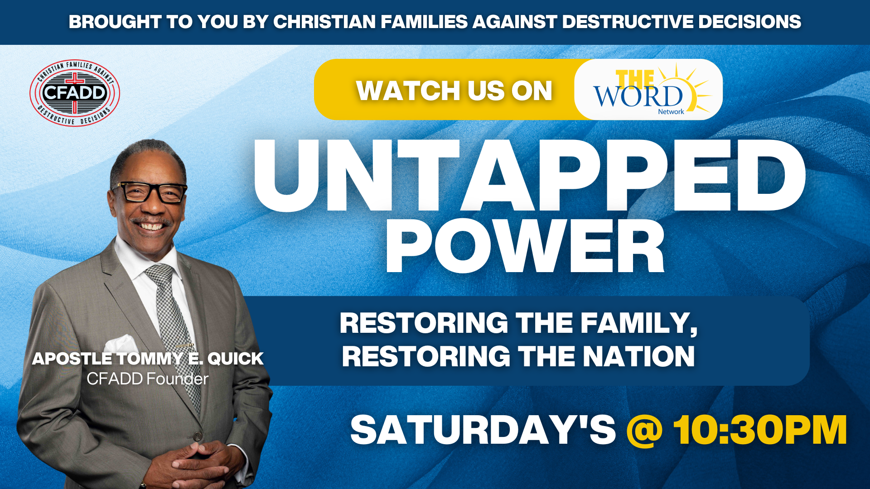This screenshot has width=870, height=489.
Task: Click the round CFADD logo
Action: (75, 93)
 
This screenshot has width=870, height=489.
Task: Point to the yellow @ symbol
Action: (644, 431)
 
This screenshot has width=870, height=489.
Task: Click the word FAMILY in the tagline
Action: (639, 324)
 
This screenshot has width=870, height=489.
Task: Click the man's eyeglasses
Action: (150, 192)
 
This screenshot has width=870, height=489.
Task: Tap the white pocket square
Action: (121, 345)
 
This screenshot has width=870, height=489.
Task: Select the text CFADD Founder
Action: (148, 379)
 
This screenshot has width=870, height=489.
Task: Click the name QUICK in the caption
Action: (235, 359)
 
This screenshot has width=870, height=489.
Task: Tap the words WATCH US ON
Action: (454, 91)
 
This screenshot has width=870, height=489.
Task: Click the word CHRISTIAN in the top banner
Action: (324, 22)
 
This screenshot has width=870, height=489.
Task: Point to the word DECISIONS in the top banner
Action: (749, 22)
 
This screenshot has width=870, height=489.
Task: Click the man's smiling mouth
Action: (151, 225)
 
